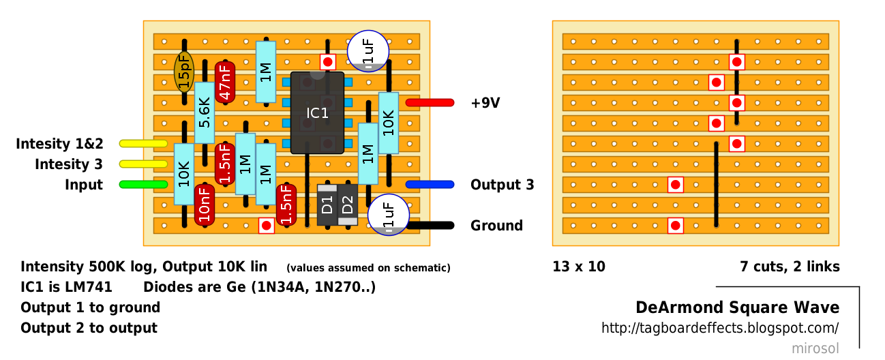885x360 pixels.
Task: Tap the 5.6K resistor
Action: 205,113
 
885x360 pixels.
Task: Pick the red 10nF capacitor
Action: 205,205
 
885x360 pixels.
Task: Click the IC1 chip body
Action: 317,112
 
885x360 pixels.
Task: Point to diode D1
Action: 327,205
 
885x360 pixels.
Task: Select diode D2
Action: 348,205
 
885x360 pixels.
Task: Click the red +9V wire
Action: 430,103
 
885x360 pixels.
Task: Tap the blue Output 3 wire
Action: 430,185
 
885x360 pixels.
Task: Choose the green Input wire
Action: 143,185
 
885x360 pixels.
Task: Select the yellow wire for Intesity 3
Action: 143,164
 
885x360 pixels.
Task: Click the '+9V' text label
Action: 485,103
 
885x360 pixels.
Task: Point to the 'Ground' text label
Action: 496,226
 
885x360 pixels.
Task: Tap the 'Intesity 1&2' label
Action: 59,144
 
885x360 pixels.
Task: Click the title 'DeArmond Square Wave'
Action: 737,307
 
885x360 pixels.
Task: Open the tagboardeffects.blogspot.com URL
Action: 719,328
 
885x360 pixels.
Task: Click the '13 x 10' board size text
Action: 579,267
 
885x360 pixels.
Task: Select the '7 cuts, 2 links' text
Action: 790,267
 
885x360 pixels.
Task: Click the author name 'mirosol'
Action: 815,348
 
